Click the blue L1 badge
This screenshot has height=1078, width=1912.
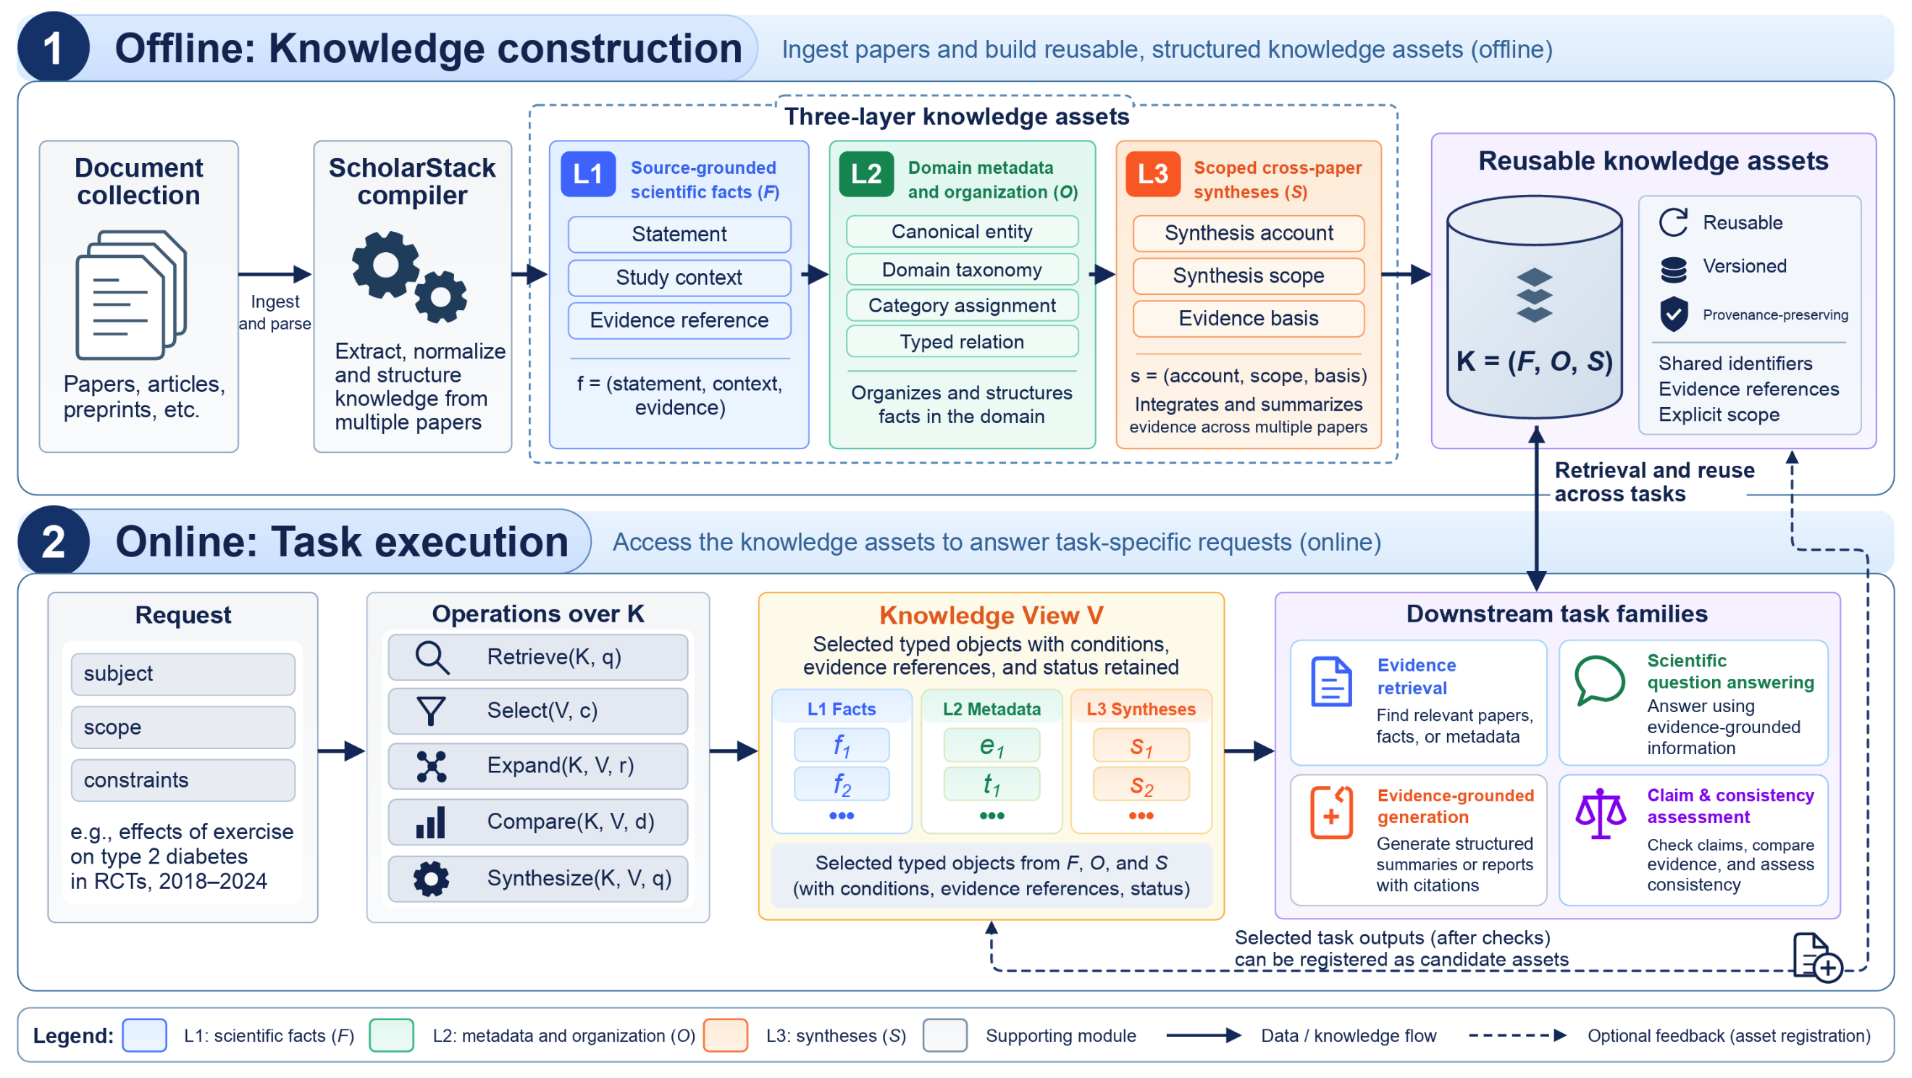[588, 175]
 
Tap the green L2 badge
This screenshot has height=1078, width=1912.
[866, 175]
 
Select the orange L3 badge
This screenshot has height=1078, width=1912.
[1153, 175]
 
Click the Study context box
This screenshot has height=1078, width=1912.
[679, 277]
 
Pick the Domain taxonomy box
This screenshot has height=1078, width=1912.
[962, 269]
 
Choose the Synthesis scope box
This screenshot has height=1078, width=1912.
[1249, 275]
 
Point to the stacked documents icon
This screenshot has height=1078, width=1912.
[130, 295]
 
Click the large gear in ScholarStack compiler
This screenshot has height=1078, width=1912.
[385, 264]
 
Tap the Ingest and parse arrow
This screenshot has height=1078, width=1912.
[274, 274]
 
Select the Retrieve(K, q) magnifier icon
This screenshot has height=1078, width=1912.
[432, 658]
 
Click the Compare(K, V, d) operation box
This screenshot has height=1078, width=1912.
[538, 821]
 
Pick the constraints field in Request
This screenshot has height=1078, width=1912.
[183, 780]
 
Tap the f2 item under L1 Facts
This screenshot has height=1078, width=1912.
[842, 784]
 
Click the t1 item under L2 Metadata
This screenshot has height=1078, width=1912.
[991, 784]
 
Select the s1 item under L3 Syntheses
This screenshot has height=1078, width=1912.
[1141, 745]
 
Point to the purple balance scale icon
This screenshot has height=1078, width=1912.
[1601, 813]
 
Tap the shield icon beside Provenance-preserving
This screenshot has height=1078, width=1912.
[1674, 314]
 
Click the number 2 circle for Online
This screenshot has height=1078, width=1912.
[54, 541]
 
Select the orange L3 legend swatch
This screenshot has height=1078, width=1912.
[725, 1036]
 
